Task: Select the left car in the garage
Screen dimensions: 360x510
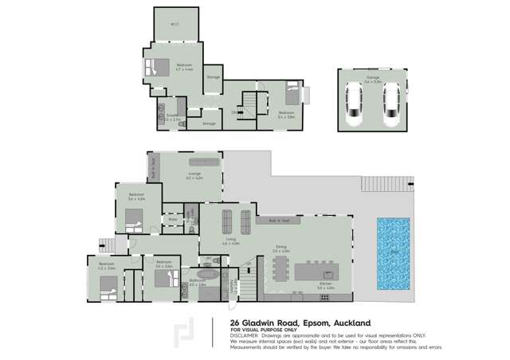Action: tap(355, 106)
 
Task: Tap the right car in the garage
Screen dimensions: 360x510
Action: tap(390, 106)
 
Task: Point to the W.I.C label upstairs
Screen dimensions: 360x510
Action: tap(175, 24)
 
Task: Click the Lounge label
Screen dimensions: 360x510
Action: tap(194, 174)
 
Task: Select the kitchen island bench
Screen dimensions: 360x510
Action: tap(321, 272)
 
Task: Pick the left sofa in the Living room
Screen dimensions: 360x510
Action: tap(226, 218)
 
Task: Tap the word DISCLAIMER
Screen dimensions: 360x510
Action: tap(245, 335)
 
